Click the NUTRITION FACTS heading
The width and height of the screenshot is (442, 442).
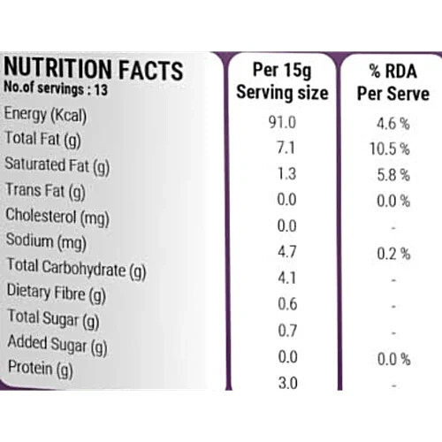coord(94,70)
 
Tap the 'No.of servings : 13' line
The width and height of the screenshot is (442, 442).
coord(56,88)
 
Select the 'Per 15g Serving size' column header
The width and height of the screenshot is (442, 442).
coord(282,81)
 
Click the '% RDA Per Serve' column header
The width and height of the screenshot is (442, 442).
coord(393,82)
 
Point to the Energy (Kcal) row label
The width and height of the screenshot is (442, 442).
coord(45,115)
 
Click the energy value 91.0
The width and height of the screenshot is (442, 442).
coord(282,122)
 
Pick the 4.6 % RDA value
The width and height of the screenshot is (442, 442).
coord(393,124)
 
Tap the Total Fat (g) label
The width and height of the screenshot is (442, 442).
coord(43,140)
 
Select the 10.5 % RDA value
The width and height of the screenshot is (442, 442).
coord(390,149)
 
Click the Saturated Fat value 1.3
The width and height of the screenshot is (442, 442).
coord(286,174)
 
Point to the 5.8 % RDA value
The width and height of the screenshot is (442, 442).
coord(393,175)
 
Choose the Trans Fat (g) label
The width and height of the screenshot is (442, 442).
coord(46,191)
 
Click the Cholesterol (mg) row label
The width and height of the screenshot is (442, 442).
coord(57,217)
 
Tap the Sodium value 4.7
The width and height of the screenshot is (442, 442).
coord(286,252)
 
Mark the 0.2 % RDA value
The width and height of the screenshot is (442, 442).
coord(393,254)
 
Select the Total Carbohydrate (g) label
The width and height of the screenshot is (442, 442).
coord(77,269)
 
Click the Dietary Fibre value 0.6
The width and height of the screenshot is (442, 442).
coord(287,304)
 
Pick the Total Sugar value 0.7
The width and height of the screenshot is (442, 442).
coord(287,331)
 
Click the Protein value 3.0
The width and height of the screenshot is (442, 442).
coord(288,383)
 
